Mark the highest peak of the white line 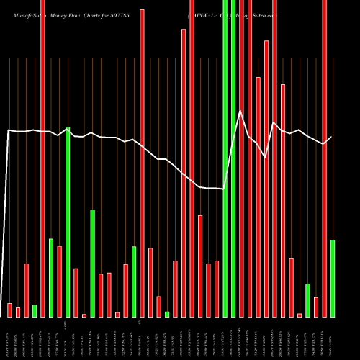(241, 110)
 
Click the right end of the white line (332, 137)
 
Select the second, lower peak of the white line (274, 123)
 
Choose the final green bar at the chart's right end (333, 278)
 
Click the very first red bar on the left (9, 310)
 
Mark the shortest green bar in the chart (167, 314)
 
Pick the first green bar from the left (35, 310)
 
